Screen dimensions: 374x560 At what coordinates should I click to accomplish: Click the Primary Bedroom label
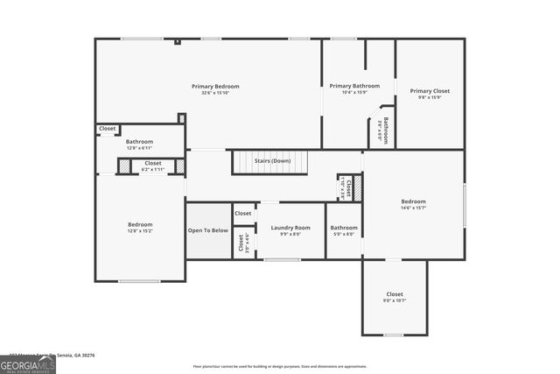pyautogui.click(x=215, y=86)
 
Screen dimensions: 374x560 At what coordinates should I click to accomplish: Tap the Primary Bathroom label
pyautogui.click(x=354, y=86)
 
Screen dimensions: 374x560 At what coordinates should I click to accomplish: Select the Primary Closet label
pyautogui.click(x=430, y=91)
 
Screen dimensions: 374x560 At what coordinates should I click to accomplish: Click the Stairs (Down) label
pyautogui.click(x=272, y=161)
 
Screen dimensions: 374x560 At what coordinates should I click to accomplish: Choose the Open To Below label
pyautogui.click(x=208, y=230)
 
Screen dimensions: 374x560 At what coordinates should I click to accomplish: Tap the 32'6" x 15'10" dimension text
pyautogui.click(x=215, y=93)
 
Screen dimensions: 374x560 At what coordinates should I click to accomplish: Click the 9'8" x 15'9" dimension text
pyautogui.click(x=430, y=97)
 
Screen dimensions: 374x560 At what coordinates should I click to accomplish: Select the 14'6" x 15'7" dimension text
pyautogui.click(x=413, y=208)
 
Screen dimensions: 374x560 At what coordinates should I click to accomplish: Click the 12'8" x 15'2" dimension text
pyautogui.click(x=140, y=231)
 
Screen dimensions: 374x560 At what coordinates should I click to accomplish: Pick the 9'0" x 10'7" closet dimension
pyautogui.click(x=395, y=300)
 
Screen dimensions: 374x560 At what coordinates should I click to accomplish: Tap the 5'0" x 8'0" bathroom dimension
pyautogui.click(x=344, y=234)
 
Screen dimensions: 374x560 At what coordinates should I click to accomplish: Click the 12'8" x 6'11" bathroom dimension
pyautogui.click(x=139, y=148)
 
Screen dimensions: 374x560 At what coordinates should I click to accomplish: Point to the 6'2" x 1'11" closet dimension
pyautogui.click(x=153, y=168)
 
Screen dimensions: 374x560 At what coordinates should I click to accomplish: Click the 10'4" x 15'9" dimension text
pyautogui.click(x=354, y=93)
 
